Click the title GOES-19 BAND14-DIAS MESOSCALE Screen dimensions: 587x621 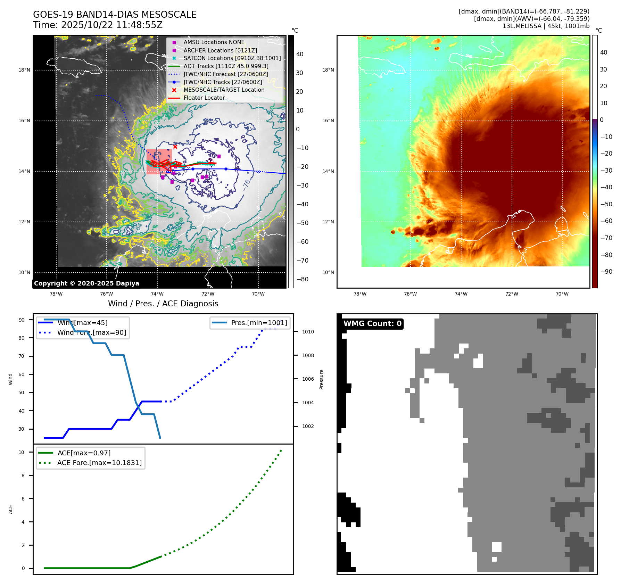pyautogui.click(x=115, y=15)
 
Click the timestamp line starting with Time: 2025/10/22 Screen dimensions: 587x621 pyautogui.click(x=98, y=25)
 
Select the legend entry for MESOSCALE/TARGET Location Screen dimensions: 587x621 pyautogui.click(x=224, y=90)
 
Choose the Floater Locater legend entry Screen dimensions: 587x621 pyautogui.click(x=204, y=98)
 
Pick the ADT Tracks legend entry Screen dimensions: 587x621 pyautogui.click(x=226, y=66)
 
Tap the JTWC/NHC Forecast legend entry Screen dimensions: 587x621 pyautogui.click(x=225, y=74)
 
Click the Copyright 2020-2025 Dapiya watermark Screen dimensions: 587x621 pyautogui.click(x=86, y=283)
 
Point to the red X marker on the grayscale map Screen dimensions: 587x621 pyautogui.click(x=175, y=147)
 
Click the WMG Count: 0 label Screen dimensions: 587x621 pyautogui.click(x=372, y=324)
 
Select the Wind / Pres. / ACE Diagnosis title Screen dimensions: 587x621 pyautogui.click(x=163, y=304)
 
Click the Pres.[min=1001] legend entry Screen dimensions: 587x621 pyautogui.click(x=259, y=323)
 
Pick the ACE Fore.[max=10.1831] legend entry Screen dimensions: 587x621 pyautogui.click(x=99, y=463)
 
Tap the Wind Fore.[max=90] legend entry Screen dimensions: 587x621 pyautogui.click(x=92, y=333)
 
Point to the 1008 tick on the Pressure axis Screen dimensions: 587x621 pyautogui.click(x=308, y=355)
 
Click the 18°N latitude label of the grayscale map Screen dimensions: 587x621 pyautogui.click(x=24, y=70)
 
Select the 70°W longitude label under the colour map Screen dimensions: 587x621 pyautogui.click(x=562, y=294)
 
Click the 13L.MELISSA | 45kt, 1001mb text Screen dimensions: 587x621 pyautogui.click(x=546, y=26)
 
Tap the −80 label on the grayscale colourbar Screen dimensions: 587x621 pyautogui.click(x=302, y=279)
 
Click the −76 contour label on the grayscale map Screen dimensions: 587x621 pyautogui.click(x=246, y=184)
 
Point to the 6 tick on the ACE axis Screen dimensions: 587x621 pyautogui.click(x=23, y=499)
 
